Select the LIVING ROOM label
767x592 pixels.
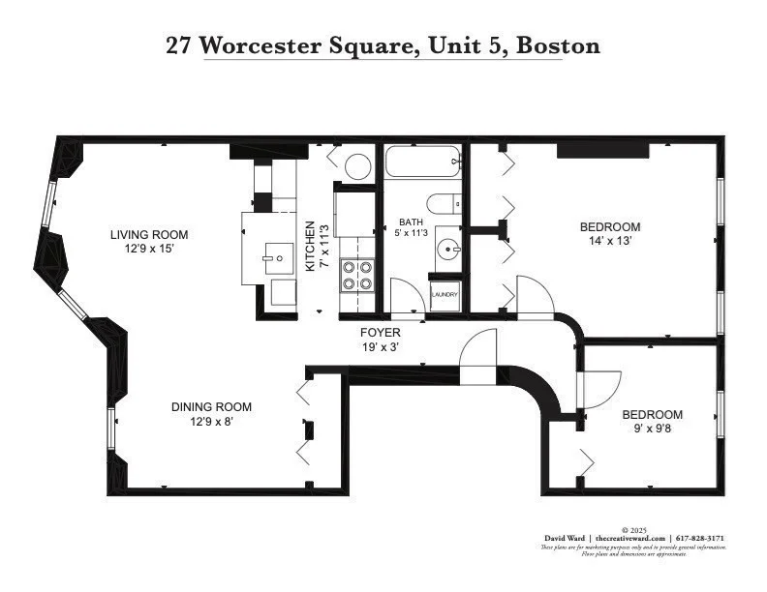(x=148, y=235)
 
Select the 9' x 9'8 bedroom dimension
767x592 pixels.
(x=652, y=428)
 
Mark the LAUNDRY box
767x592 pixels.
(x=445, y=295)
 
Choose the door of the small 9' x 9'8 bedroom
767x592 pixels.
(x=594, y=390)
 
